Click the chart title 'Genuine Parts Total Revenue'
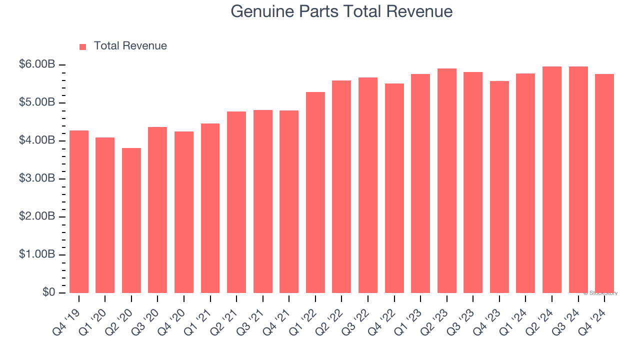coord(341,11)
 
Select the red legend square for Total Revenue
coord(82,46)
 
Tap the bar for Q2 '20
coord(131,220)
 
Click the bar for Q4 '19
coord(79,211)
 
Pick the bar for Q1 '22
coord(315,192)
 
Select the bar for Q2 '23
coord(446,180)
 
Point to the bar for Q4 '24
coord(604,183)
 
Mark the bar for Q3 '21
coord(263,201)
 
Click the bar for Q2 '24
coord(552,179)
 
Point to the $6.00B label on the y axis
coord(37,65)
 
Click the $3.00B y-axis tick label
coord(37,179)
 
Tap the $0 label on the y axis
coord(48,292)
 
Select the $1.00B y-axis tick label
coord(37,254)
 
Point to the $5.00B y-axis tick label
coord(37,103)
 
